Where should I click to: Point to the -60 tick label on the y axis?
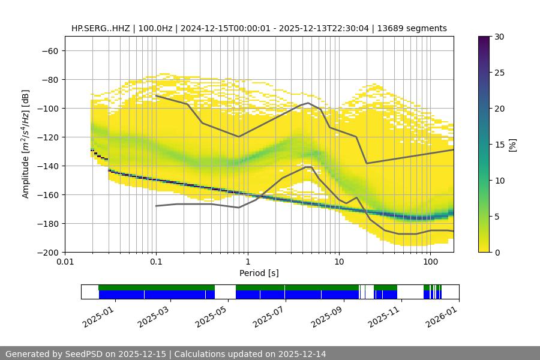coord(49,50)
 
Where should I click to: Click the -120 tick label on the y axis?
coord(47,137)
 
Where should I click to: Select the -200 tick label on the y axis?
coord(47,252)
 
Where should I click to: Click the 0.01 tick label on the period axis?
coord(65,262)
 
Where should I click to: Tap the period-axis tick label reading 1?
coord(247,262)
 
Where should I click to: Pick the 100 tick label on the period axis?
coord(430,262)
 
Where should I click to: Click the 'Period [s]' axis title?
coord(259,273)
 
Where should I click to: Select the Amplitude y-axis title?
coord(26,144)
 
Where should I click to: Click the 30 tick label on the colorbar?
coord(499,37)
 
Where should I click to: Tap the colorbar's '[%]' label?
coord(512,144)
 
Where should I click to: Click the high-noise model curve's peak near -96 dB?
coord(308,103)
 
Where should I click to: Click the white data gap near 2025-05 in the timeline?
coord(225,292)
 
